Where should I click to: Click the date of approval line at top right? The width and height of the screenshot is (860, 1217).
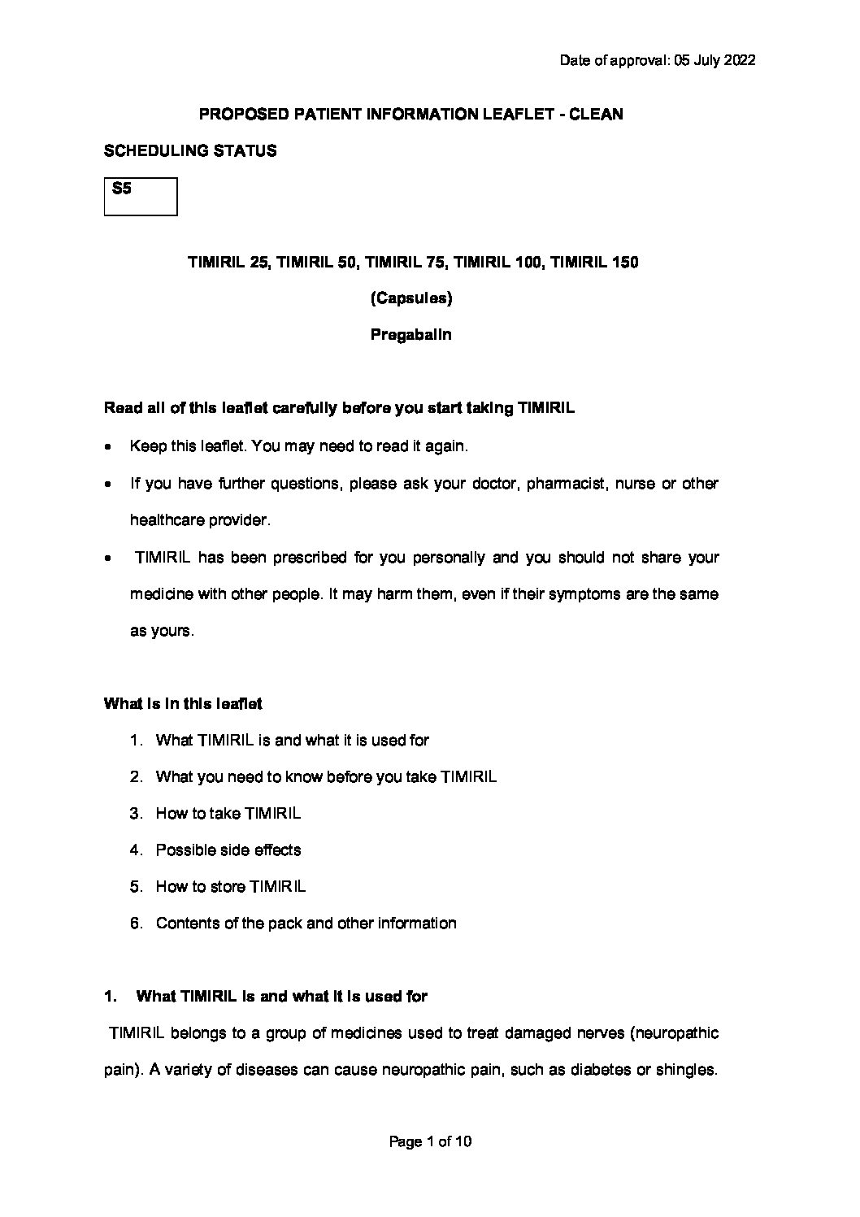(658, 61)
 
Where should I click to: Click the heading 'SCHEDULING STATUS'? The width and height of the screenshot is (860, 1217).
(190, 151)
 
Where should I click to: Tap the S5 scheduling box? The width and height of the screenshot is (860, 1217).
(141, 197)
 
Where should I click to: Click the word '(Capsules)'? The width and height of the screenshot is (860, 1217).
(411, 298)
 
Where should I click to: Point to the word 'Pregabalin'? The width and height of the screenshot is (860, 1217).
(411, 334)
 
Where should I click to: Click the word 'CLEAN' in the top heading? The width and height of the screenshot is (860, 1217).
(596, 115)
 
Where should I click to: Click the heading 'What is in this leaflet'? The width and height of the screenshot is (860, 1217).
(183, 704)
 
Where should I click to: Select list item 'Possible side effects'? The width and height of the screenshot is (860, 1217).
(228, 850)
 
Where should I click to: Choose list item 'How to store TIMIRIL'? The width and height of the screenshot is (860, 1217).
(231, 887)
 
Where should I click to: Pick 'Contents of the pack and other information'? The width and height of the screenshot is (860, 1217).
(306, 924)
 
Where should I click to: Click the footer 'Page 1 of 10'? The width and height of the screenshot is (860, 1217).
(430, 1142)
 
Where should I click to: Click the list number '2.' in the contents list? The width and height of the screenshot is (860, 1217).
(137, 777)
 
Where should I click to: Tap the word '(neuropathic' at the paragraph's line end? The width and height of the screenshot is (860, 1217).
(674, 1034)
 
